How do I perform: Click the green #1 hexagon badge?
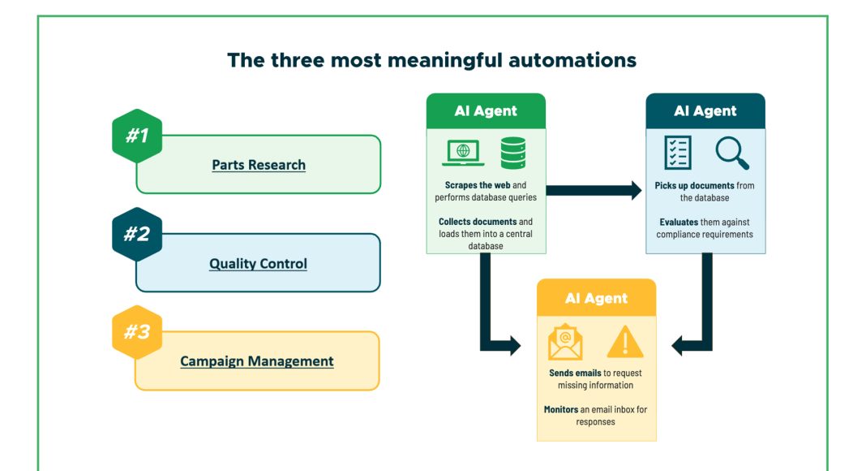pos(136,136)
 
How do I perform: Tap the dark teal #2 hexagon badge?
pos(136,235)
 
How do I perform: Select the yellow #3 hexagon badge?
pos(136,332)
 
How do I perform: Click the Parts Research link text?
pos(259,165)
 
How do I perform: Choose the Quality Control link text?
pos(258,264)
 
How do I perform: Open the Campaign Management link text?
pos(256,361)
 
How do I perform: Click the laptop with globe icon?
pos(464,153)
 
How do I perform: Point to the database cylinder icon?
pos(512,153)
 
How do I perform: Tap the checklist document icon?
pos(677,153)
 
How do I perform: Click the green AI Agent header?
pos(486,111)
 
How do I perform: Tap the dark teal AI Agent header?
pos(705,111)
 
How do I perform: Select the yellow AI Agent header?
pos(596,298)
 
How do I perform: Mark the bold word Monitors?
pos(561,409)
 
